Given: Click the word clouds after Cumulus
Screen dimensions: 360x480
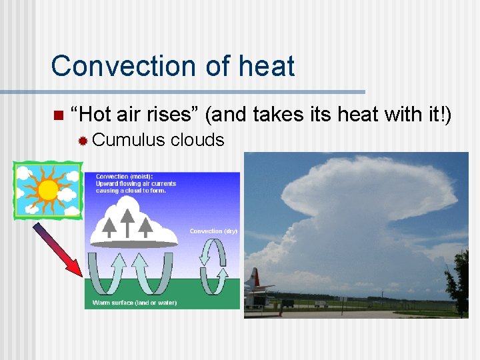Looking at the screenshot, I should (x=197, y=140).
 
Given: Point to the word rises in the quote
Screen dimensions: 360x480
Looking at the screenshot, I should (x=170, y=115).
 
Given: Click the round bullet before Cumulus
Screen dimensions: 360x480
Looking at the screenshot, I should (x=83, y=141).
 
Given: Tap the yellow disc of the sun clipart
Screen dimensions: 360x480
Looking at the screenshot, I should (x=48, y=190).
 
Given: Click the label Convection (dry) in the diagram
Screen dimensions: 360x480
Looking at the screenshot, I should (x=213, y=231).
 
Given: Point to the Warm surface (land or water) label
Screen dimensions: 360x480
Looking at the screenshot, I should (x=135, y=303).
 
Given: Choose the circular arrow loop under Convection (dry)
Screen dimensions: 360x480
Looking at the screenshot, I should (x=214, y=267).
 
